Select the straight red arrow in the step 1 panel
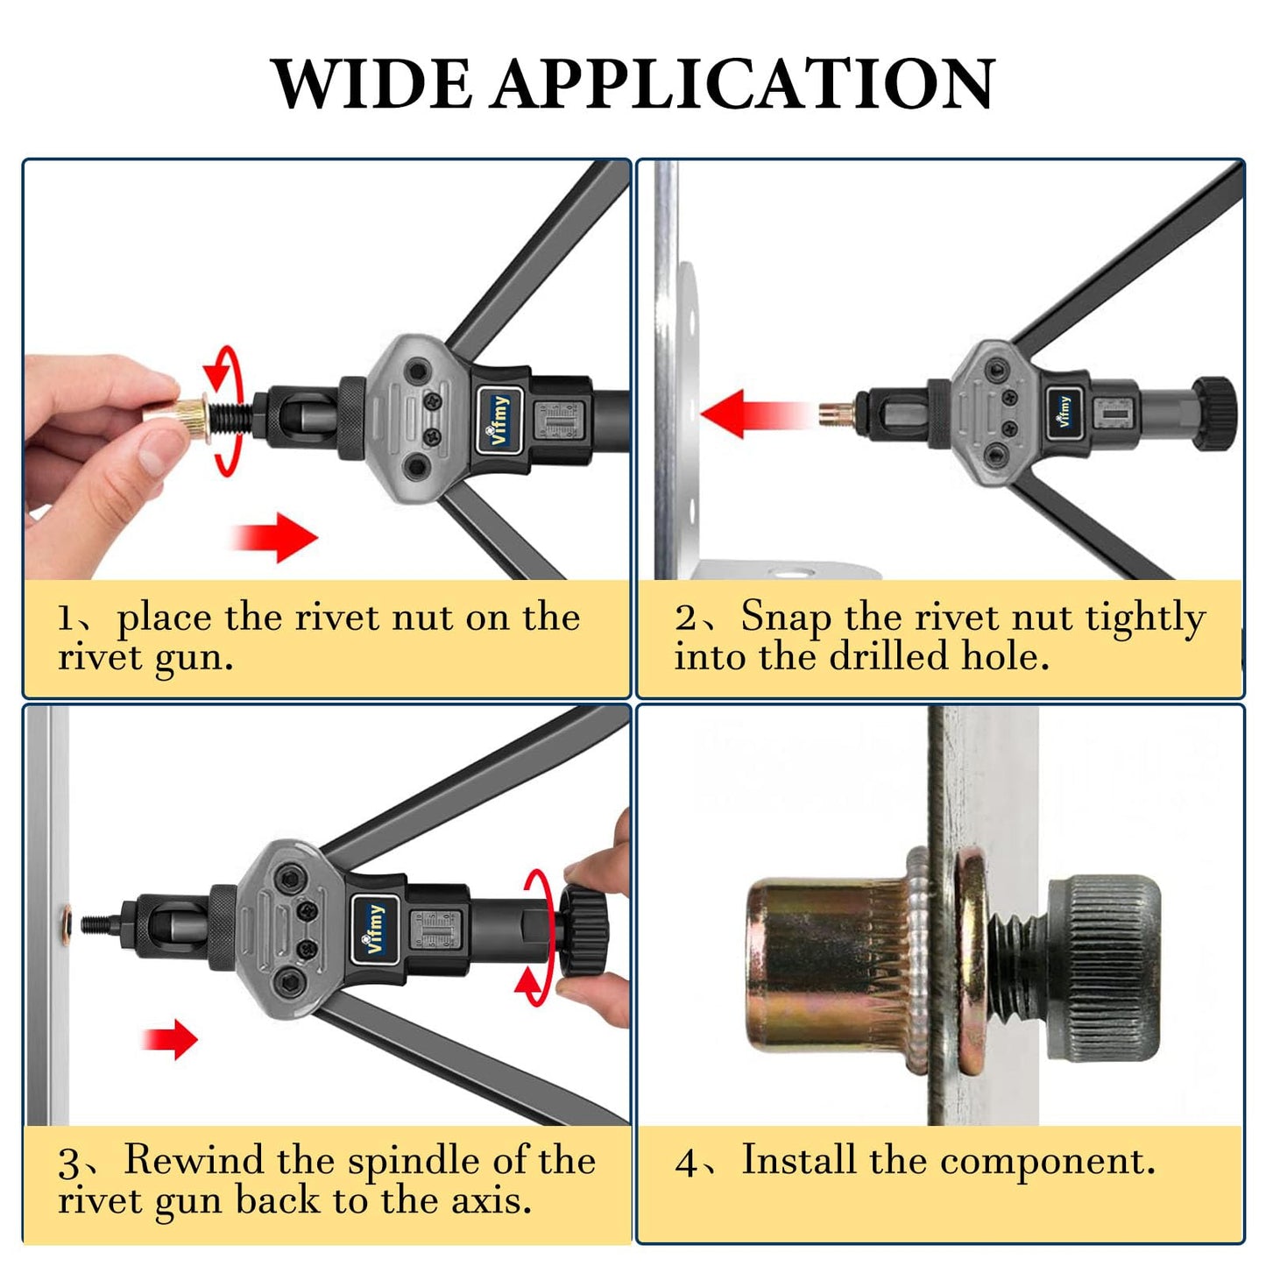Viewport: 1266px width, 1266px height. [x=274, y=537]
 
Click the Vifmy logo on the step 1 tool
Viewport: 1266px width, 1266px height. [x=500, y=419]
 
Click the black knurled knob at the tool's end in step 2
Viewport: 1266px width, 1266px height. [x=1214, y=414]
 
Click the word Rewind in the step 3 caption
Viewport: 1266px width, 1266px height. [x=194, y=1159]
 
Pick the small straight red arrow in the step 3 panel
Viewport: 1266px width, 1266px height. [x=169, y=1039]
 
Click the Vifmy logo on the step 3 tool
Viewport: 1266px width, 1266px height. [x=375, y=929]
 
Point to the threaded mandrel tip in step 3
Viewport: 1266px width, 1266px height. [x=98, y=925]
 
